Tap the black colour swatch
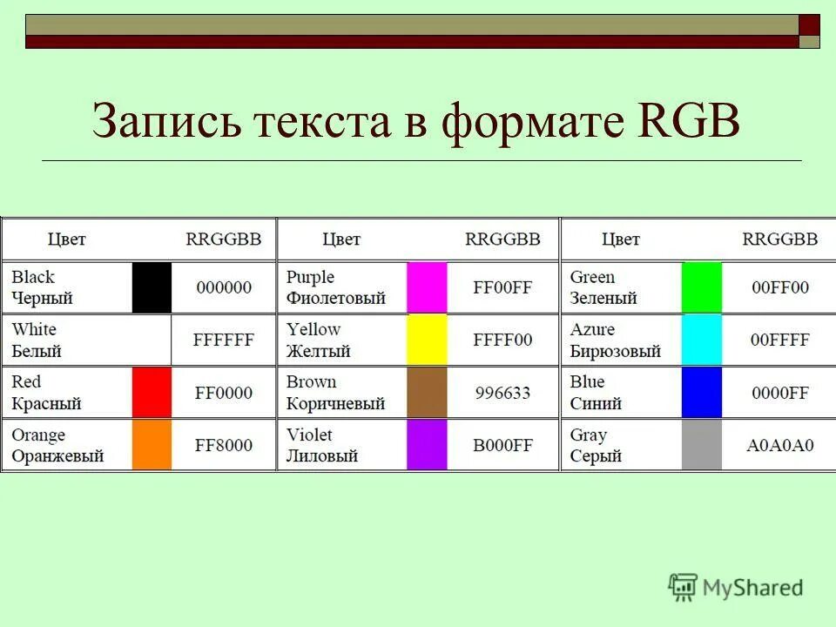[152, 287]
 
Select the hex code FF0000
[224, 393]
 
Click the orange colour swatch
[152, 445]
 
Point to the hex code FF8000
[224, 445]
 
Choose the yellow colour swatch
[427, 340]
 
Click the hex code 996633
[502, 393]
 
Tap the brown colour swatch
[427, 393]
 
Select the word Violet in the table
[309, 435]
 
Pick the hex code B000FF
[502, 445]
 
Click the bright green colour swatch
[702, 287]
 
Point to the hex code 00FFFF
[779, 340]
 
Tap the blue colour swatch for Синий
[702, 393]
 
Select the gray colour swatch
[702, 445]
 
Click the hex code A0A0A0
[779, 445]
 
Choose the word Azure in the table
[592, 329]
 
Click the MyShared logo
[736, 587]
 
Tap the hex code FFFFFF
[224, 340]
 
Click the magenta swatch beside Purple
[427, 287]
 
